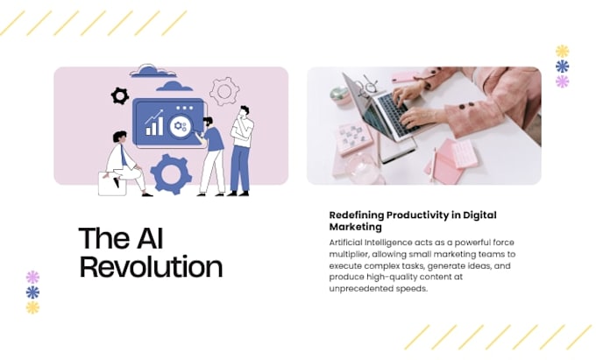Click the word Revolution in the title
point(151,267)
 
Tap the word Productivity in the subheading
point(417,215)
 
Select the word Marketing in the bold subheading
point(355,227)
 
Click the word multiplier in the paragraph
point(349,254)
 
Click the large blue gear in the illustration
point(171,174)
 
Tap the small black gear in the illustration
point(120,96)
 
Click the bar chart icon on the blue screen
point(154,123)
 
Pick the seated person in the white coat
point(124,163)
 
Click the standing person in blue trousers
point(241,151)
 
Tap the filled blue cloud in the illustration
point(174,87)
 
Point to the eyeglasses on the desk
point(370,84)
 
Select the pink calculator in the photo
point(465,153)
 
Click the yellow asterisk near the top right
point(562,52)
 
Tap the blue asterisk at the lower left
point(32,293)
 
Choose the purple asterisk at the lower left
point(32,277)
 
